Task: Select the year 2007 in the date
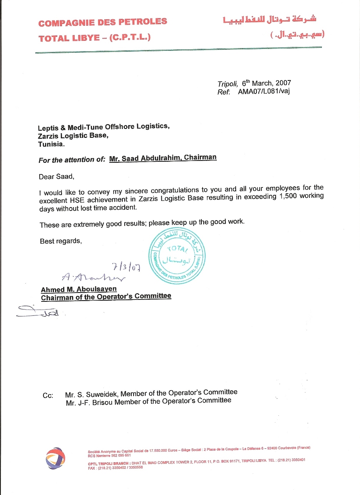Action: point(283,83)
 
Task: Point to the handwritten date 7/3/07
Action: point(126,267)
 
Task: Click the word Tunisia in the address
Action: point(51,144)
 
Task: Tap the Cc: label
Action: point(48,396)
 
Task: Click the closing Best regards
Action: point(61,241)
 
